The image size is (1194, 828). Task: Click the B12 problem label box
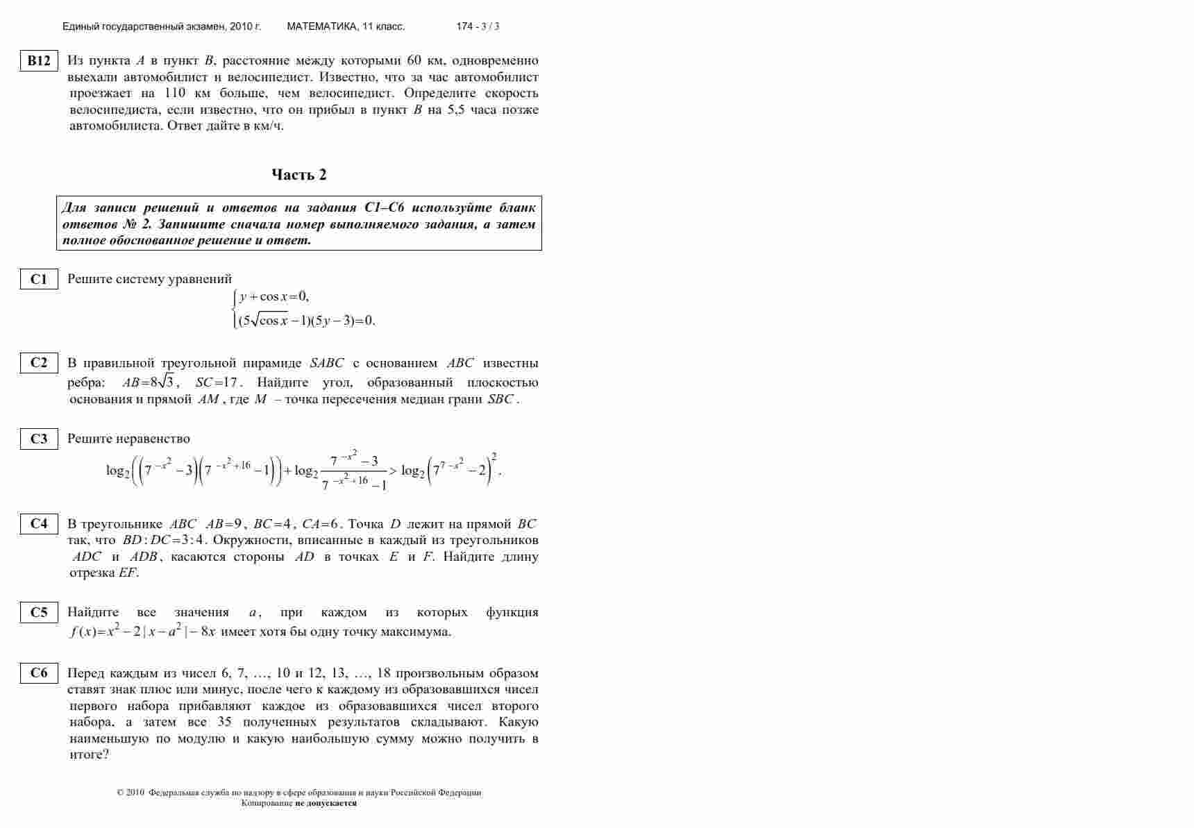(x=39, y=61)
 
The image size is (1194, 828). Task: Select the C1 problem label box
(x=39, y=279)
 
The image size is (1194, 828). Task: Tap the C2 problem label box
(x=39, y=362)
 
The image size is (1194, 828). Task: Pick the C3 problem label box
(x=39, y=439)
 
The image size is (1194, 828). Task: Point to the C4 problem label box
(x=39, y=524)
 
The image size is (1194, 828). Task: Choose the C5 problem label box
(x=39, y=612)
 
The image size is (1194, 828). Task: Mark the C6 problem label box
(x=39, y=673)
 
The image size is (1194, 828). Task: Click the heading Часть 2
(x=298, y=175)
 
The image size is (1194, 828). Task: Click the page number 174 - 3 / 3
(x=478, y=26)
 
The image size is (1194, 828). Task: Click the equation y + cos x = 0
(x=274, y=297)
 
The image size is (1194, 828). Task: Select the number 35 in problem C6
(x=224, y=722)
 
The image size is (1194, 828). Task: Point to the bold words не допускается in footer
(x=326, y=803)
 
